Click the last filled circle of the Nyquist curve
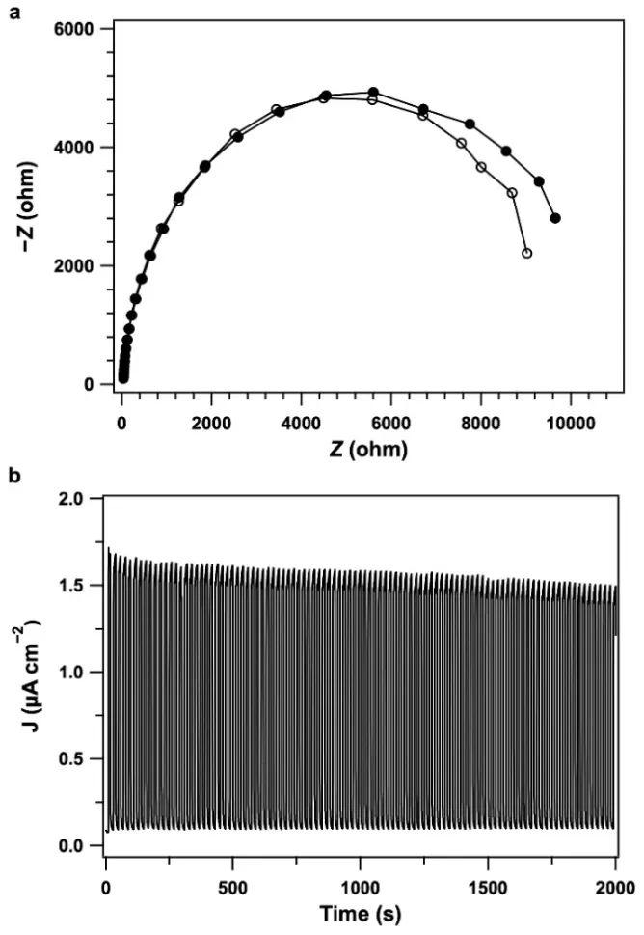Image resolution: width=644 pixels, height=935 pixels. (555, 218)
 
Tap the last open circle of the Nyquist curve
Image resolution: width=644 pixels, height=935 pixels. (526, 253)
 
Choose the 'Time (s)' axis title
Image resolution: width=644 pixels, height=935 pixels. (361, 911)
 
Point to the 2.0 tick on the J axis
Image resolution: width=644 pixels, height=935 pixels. (78, 498)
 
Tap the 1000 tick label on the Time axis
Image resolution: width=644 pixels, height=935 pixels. (361, 883)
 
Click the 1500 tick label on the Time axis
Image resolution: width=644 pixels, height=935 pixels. (488, 883)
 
